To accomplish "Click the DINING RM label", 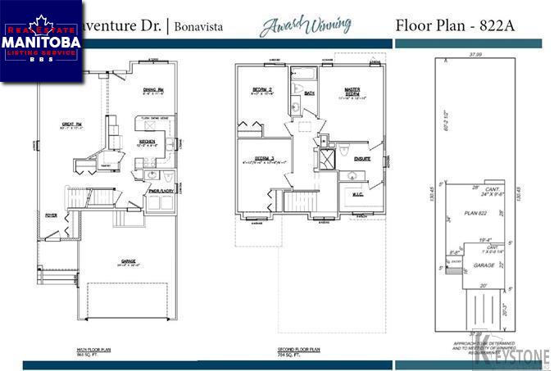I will coord(154,89).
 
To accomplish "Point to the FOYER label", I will coord(51,216).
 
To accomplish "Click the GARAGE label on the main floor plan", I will coord(127,263).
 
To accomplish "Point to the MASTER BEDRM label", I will coord(352,94).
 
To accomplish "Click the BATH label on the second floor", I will coord(310,93).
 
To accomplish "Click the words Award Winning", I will coord(307,25).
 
